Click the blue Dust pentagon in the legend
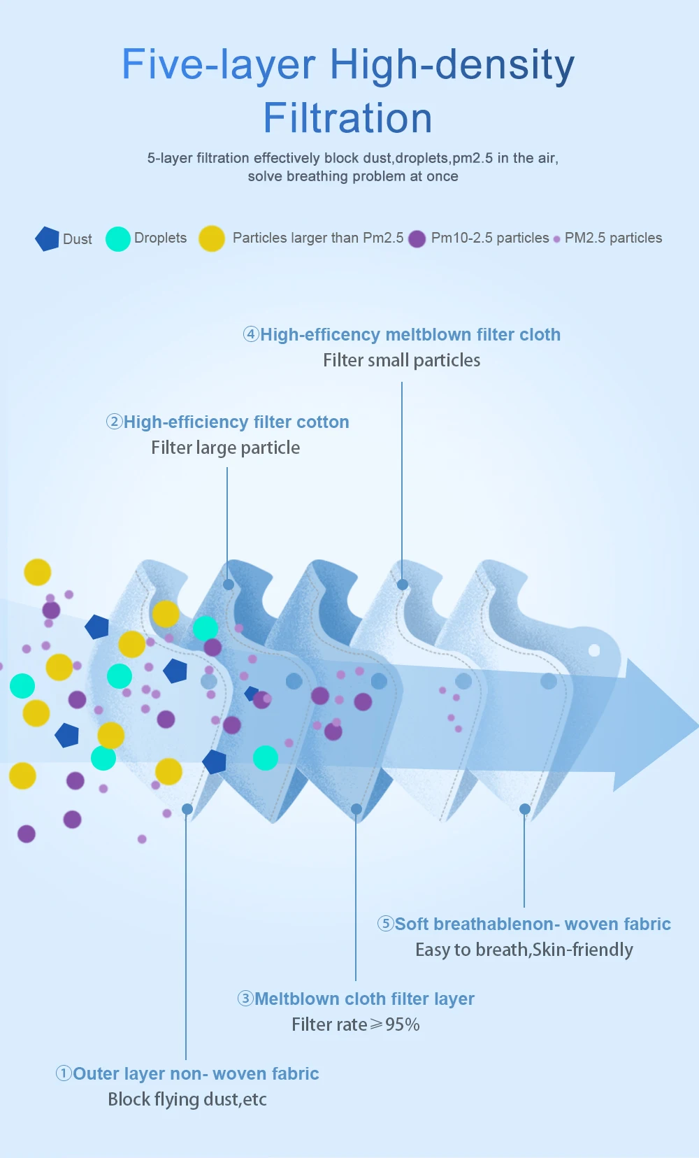(x=47, y=238)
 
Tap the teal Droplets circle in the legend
(x=117, y=238)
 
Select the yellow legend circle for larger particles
(x=211, y=238)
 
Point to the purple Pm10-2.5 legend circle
(x=417, y=239)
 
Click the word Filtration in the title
(x=347, y=117)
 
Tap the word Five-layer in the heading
(x=219, y=64)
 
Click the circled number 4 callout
(x=251, y=334)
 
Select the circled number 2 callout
(x=114, y=422)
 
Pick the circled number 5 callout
(x=385, y=924)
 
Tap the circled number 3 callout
(x=245, y=999)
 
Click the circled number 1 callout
(x=64, y=1073)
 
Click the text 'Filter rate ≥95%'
(x=355, y=1024)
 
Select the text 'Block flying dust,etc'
(x=187, y=1099)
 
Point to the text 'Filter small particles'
(x=401, y=360)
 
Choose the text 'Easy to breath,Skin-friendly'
(x=524, y=950)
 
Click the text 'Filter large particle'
(x=225, y=448)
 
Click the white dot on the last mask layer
(x=594, y=650)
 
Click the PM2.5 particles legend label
(x=613, y=238)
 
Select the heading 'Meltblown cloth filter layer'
(x=364, y=999)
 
